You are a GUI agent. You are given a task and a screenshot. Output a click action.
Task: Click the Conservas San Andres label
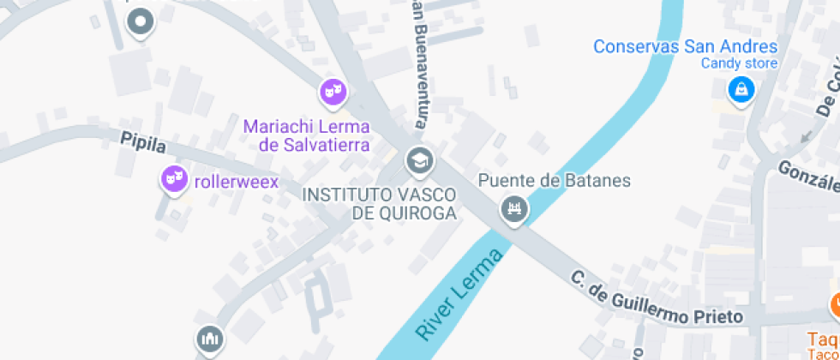click(685, 46)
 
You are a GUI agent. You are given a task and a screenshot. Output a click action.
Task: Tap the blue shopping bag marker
click(740, 88)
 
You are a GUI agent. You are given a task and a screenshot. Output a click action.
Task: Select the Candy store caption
click(739, 63)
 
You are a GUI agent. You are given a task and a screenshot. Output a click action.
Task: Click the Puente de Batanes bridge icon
click(514, 207)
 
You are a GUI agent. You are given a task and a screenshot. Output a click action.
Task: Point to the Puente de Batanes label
click(554, 181)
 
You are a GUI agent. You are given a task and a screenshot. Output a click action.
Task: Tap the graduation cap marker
click(419, 159)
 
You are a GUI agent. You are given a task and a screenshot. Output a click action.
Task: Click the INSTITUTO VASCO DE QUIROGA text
click(379, 204)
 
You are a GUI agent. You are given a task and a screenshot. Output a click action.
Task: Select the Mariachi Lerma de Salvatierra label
click(307, 135)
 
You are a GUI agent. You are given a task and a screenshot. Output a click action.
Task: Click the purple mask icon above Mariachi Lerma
click(333, 89)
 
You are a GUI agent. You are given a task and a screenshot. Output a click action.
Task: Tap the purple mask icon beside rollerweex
click(175, 178)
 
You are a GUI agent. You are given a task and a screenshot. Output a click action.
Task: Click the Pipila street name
click(142, 142)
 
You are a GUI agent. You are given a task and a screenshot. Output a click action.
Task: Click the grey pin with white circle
click(140, 21)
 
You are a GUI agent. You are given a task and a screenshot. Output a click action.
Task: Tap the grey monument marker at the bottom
click(208, 339)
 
